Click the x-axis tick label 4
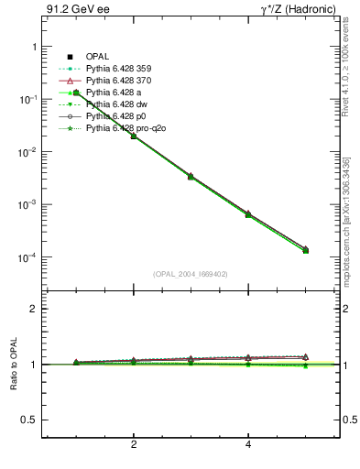pos(248,445)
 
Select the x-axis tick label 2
pos(134,445)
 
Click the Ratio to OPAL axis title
pos(11,365)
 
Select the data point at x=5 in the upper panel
pos(305,250)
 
